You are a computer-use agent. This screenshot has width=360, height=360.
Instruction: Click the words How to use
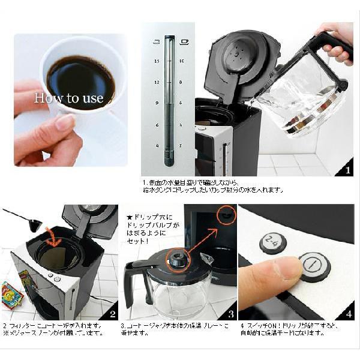(68, 98)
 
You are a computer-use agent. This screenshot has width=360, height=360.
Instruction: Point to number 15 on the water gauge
(156, 61)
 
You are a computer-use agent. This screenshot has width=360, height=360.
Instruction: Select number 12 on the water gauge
(156, 82)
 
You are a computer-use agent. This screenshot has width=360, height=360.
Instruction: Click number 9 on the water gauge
(156, 103)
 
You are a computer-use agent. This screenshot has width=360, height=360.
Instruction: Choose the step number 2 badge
(111, 313)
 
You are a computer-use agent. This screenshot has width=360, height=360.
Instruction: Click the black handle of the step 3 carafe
(133, 281)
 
